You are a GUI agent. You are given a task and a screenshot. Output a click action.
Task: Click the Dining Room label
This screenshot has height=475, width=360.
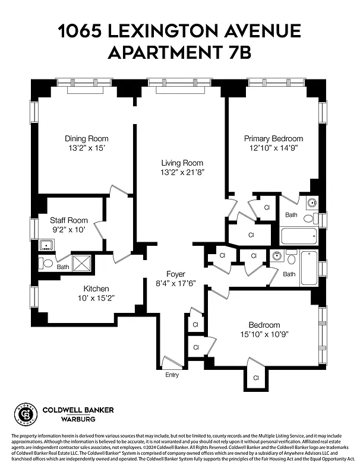pos(87,138)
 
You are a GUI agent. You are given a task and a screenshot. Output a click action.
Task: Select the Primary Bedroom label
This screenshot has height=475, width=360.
pos(273,138)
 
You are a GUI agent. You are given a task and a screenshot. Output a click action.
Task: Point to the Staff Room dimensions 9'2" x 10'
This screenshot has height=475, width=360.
pos(68,229)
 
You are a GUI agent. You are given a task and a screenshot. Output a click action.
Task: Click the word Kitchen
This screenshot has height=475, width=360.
pos(96,289)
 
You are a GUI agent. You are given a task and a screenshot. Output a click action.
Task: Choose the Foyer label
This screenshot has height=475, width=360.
pos(175,274)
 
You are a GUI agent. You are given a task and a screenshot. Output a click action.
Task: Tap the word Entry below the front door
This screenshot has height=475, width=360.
pos(172,375)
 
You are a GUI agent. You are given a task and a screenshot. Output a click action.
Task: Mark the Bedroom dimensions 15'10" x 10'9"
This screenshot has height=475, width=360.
pos(264,335)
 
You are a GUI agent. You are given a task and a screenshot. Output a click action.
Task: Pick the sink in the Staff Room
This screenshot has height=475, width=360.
pos(46,245)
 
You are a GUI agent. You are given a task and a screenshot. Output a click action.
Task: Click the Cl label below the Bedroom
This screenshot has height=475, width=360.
pos(256,378)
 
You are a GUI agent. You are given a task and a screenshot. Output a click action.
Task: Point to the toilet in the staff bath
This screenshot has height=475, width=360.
pos(46,261)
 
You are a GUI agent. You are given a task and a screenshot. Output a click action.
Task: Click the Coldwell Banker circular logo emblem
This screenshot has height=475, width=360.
pos(24,414)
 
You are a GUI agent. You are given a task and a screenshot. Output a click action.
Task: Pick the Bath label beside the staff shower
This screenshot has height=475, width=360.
pos(62,267)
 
